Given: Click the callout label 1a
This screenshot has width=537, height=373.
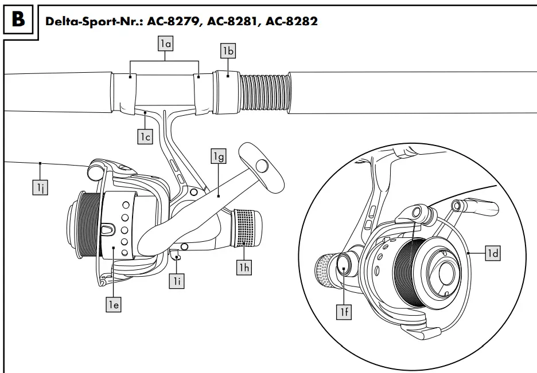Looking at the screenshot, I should click(x=165, y=42).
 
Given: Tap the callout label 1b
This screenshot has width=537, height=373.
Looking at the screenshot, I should click(x=228, y=51).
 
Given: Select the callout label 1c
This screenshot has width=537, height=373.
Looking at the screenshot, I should click(x=145, y=136).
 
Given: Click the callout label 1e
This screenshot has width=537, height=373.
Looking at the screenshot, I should click(x=113, y=305).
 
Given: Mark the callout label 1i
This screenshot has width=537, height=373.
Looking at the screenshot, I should click(x=177, y=281).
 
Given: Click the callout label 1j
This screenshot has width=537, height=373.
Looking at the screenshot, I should click(x=39, y=187).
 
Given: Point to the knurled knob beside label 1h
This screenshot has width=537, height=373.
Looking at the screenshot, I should click(x=246, y=227).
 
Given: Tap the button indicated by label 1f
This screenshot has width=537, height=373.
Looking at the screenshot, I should click(x=344, y=264).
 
